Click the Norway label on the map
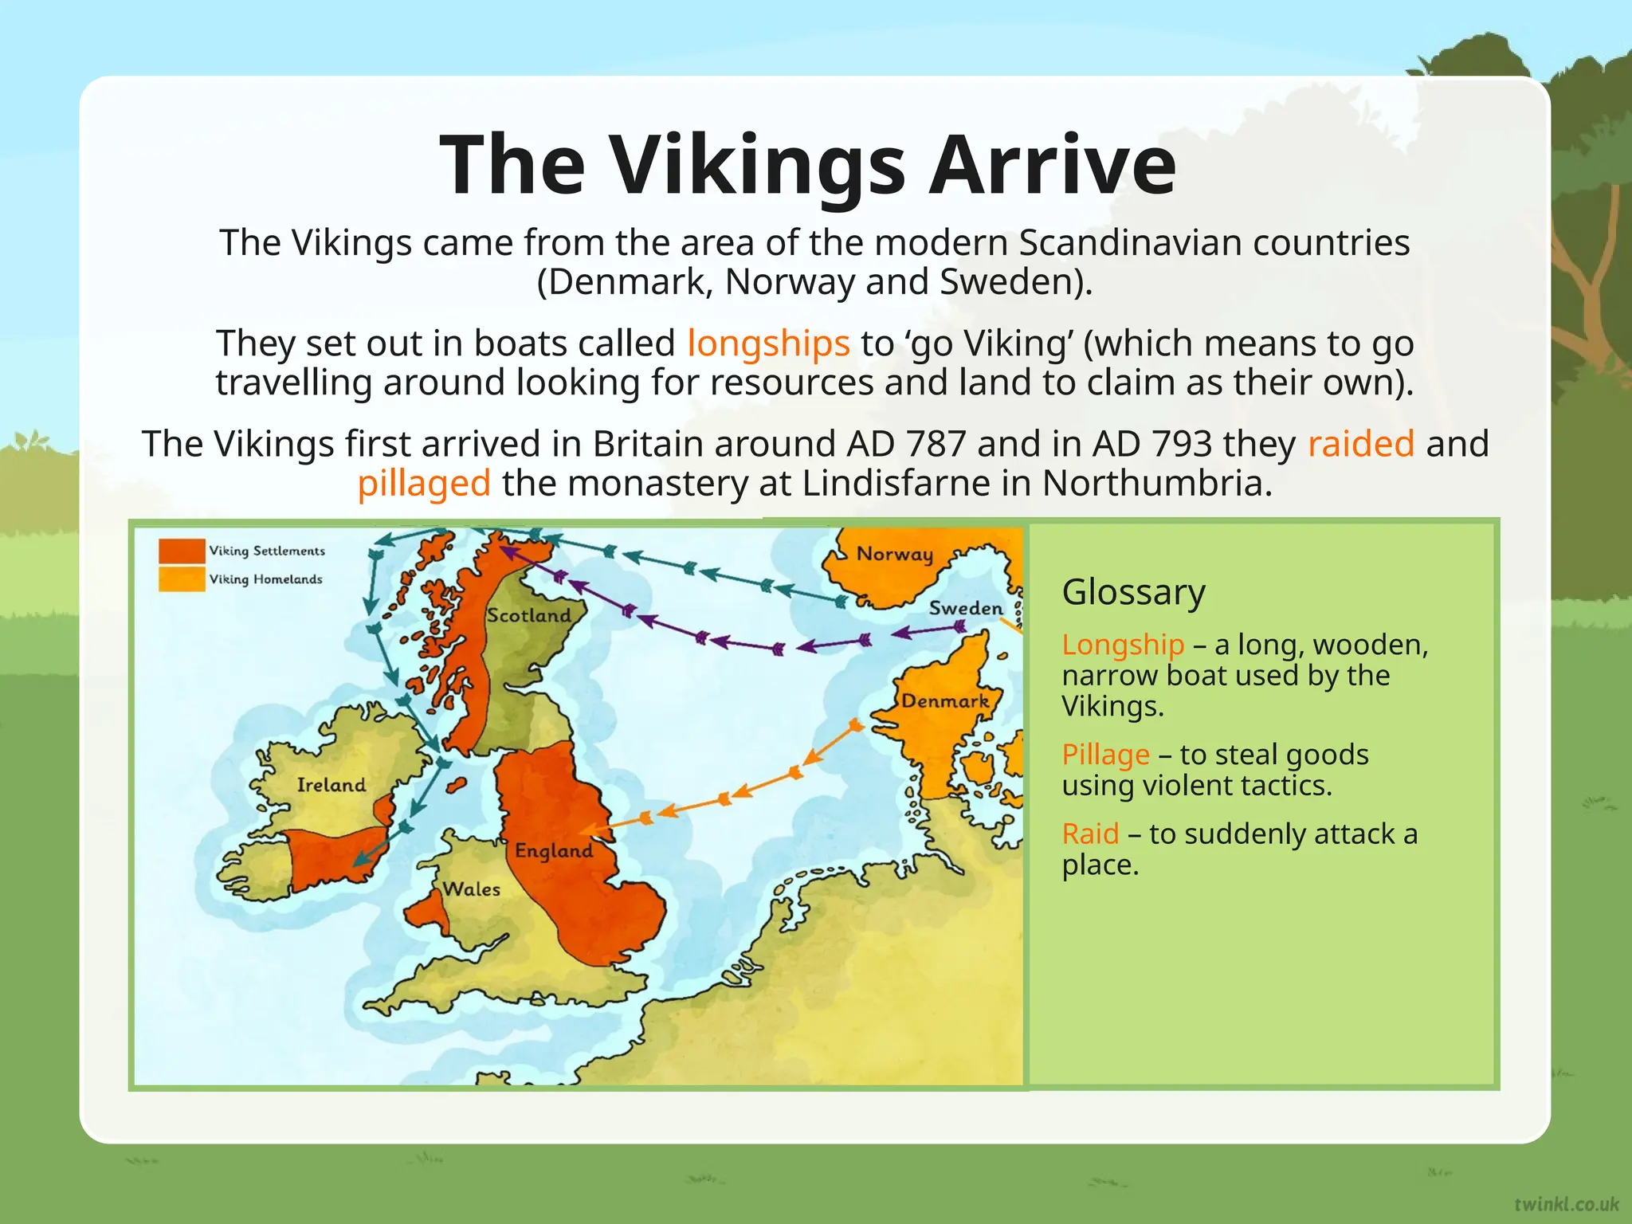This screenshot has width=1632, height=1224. pos(894,554)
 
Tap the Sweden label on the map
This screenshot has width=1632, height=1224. pos(965,608)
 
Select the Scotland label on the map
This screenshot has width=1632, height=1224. pos(529,615)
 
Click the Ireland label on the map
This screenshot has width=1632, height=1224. pos(331,785)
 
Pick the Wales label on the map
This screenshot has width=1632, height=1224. pos(472,889)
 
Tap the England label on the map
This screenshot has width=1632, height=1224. pos(554,850)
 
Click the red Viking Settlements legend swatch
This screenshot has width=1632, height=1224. pos(182,551)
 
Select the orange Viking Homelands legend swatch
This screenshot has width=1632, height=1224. pos(182,579)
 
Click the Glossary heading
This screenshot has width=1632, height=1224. pos(1133,592)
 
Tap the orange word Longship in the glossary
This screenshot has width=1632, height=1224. pos(1123,645)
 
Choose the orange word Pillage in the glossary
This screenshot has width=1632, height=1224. pos(1105,755)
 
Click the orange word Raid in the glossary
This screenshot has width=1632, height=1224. pos(1090,834)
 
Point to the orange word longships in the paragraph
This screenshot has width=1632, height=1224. pos(768,343)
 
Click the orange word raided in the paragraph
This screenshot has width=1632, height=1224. pos(1360,444)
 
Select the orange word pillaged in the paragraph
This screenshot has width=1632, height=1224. pos(424,484)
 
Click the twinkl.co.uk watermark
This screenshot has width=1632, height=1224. pos(1567,1203)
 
